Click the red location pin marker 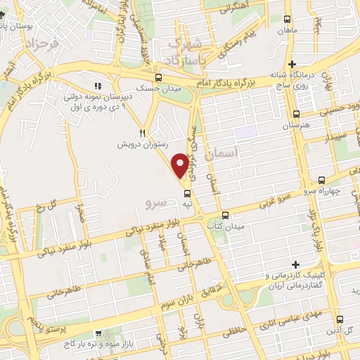coord(181,165)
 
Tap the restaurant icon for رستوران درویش coord(142,132)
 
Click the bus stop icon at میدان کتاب coord(225,215)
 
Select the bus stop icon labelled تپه coord(187,193)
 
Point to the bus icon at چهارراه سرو coord(321,179)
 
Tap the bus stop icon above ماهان coord(287,20)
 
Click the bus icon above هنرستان coord(297,114)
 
